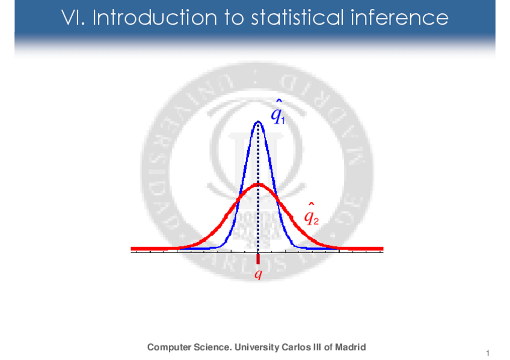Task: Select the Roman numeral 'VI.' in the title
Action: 74,17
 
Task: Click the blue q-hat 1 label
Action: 277,112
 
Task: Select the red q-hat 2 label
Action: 310,215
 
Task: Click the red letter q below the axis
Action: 258,275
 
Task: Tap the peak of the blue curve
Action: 258,121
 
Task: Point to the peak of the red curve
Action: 258,185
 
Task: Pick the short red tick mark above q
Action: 258,259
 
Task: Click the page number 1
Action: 488,352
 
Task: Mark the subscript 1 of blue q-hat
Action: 283,120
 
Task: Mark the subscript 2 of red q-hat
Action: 316,221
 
